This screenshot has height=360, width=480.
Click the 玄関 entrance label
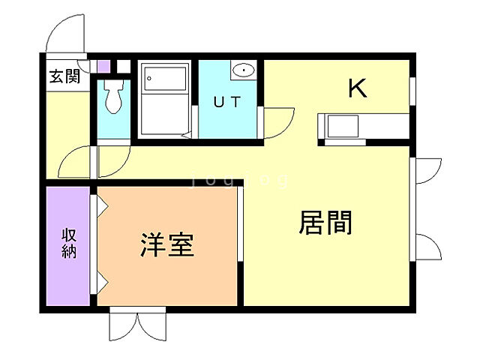[64, 76]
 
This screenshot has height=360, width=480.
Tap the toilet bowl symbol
[113, 98]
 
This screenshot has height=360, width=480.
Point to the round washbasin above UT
[244, 70]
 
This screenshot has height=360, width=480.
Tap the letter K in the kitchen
[357, 89]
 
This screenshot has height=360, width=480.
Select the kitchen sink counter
[343, 127]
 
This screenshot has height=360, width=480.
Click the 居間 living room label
[325, 223]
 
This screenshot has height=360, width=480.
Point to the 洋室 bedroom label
[167, 245]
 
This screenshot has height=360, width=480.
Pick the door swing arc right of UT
[278, 120]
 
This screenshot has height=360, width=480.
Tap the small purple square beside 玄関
[103, 66]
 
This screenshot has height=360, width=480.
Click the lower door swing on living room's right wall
[425, 246]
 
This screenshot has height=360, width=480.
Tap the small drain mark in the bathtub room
[185, 136]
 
